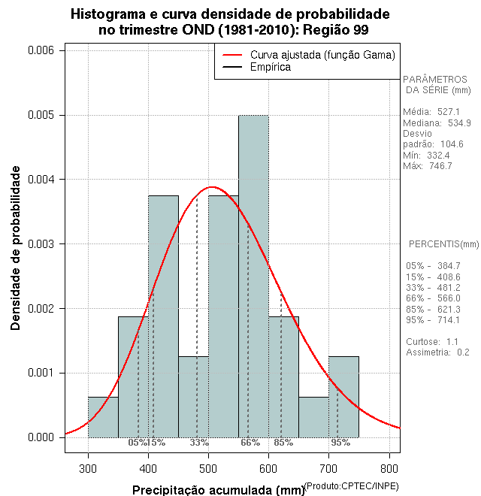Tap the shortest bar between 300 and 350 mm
[103, 417]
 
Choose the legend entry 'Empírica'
[270, 67]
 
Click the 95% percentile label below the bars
[340, 443]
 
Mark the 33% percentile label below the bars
[199, 443]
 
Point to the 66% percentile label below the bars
[250, 443]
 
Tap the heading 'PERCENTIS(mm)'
[443, 244]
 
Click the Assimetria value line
[437, 352]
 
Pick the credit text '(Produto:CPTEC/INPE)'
[351, 485]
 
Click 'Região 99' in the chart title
[334, 29]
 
